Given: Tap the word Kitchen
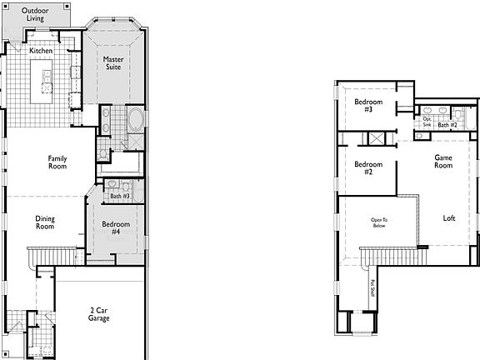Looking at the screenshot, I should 42,51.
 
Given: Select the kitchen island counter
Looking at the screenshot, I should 42,81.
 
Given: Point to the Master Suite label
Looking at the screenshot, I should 113,63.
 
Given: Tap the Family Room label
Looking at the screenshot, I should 57,162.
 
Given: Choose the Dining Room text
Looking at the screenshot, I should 45,222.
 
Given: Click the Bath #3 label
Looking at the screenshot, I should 120,196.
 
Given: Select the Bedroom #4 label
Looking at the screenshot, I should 116,227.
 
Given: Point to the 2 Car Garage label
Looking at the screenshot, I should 99,314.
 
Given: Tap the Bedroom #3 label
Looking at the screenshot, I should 367,105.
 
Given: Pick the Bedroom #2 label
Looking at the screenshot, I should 367,168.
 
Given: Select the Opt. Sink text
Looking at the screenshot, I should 427,122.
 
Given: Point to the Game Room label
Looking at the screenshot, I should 443,162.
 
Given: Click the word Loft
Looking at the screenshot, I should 449,218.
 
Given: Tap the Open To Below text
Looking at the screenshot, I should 379,222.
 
